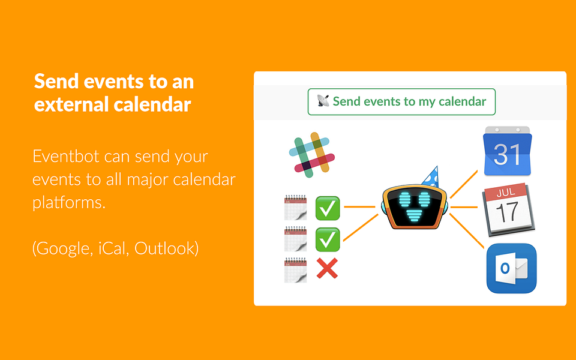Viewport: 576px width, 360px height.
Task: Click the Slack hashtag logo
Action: [312, 155]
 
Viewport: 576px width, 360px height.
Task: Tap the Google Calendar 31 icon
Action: [508, 151]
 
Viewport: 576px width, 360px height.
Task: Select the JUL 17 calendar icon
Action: [508, 209]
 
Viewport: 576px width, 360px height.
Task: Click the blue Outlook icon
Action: [511, 268]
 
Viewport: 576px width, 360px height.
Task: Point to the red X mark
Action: [327, 268]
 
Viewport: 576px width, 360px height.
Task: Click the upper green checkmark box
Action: [328, 208]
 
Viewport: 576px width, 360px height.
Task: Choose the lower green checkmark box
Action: [328, 239]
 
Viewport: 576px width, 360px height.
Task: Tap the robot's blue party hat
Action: [431, 176]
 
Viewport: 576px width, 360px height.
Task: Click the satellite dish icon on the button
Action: [323, 101]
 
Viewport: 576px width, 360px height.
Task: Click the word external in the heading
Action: [71, 104]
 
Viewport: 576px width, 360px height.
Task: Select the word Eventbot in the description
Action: [66, 156]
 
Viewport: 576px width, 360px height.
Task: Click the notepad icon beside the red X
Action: [295, 270]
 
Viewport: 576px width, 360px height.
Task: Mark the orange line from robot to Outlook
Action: [467, 230]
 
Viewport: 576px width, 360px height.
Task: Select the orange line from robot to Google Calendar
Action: [464, 184]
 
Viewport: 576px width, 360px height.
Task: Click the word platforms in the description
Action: [69, 202]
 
